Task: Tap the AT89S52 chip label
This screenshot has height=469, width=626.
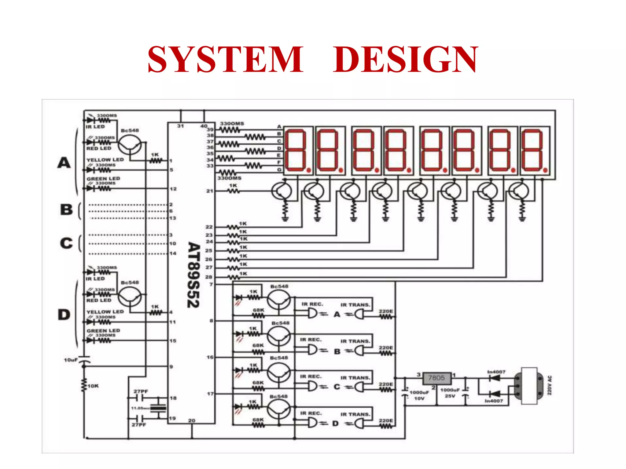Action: click(x=193, y=275)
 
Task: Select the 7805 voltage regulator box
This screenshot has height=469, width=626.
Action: click(x=436, y=378)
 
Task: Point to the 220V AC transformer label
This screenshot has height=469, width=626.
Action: click(x=549, y=385)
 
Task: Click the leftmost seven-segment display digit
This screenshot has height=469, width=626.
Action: click(x=296, y=150)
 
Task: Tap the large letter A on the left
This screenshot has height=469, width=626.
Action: click(x=64, y=163)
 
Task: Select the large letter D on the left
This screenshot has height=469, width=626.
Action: click(x=64, y=314)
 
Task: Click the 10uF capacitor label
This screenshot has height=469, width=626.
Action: click(x=71, y=360)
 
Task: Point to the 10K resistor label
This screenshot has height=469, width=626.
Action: click(x=93, y=386)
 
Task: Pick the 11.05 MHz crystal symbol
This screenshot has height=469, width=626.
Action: click(x=158, y=408)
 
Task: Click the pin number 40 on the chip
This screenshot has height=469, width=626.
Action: click(x=204, y=126)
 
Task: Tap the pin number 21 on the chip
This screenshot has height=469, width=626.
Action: click(x=209, y=191)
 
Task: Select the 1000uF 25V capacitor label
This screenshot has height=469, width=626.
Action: click(x=450, y=393)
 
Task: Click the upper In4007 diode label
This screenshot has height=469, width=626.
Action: click(x=496, y=372)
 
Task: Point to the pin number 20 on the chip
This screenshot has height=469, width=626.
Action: click(x=192, y=420)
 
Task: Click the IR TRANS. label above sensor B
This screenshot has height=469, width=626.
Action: click(x=355, y=341)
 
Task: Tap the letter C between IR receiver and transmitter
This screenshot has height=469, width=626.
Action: click(x=337, y=387)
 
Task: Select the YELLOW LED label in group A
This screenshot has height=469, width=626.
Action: click(x=105, y=160)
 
